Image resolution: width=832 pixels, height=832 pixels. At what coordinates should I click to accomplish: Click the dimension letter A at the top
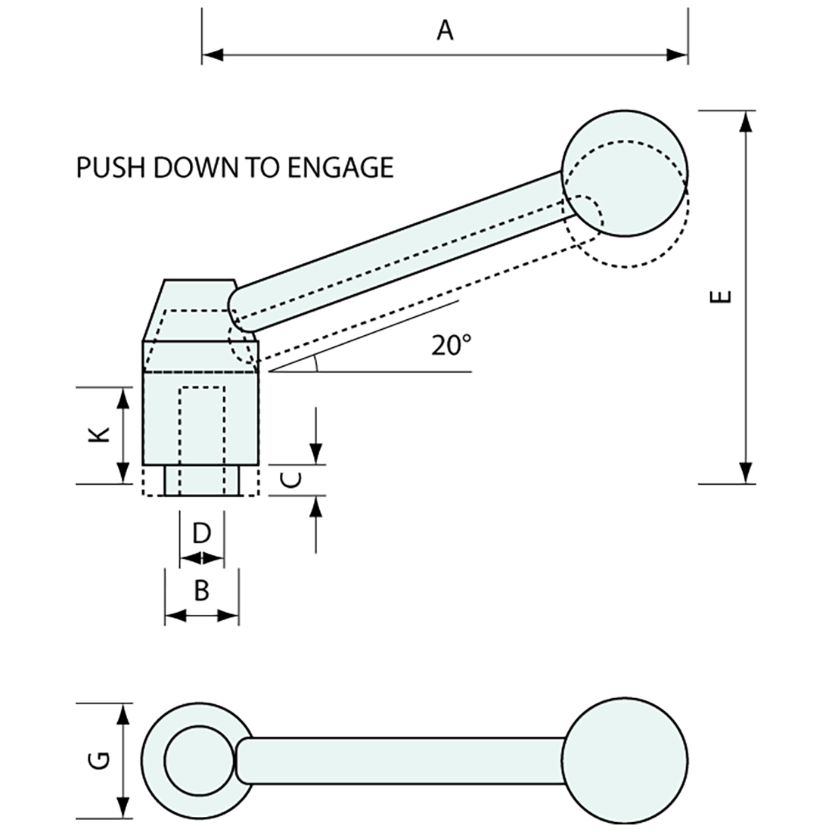tap(445, 30)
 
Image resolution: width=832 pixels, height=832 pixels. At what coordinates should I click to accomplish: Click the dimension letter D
tap(201, 534)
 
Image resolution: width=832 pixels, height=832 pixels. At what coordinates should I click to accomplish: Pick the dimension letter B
tap(201, 589)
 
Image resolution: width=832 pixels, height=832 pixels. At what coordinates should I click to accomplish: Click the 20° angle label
tap(451, 346)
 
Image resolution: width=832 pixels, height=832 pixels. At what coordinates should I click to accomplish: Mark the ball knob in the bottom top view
tap(626, 760)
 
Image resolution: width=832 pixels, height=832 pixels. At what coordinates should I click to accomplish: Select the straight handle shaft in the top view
tap(401, 759)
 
